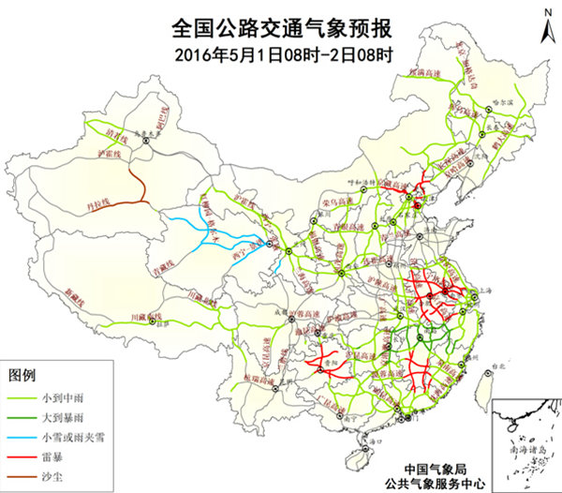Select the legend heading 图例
pos(21,375)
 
